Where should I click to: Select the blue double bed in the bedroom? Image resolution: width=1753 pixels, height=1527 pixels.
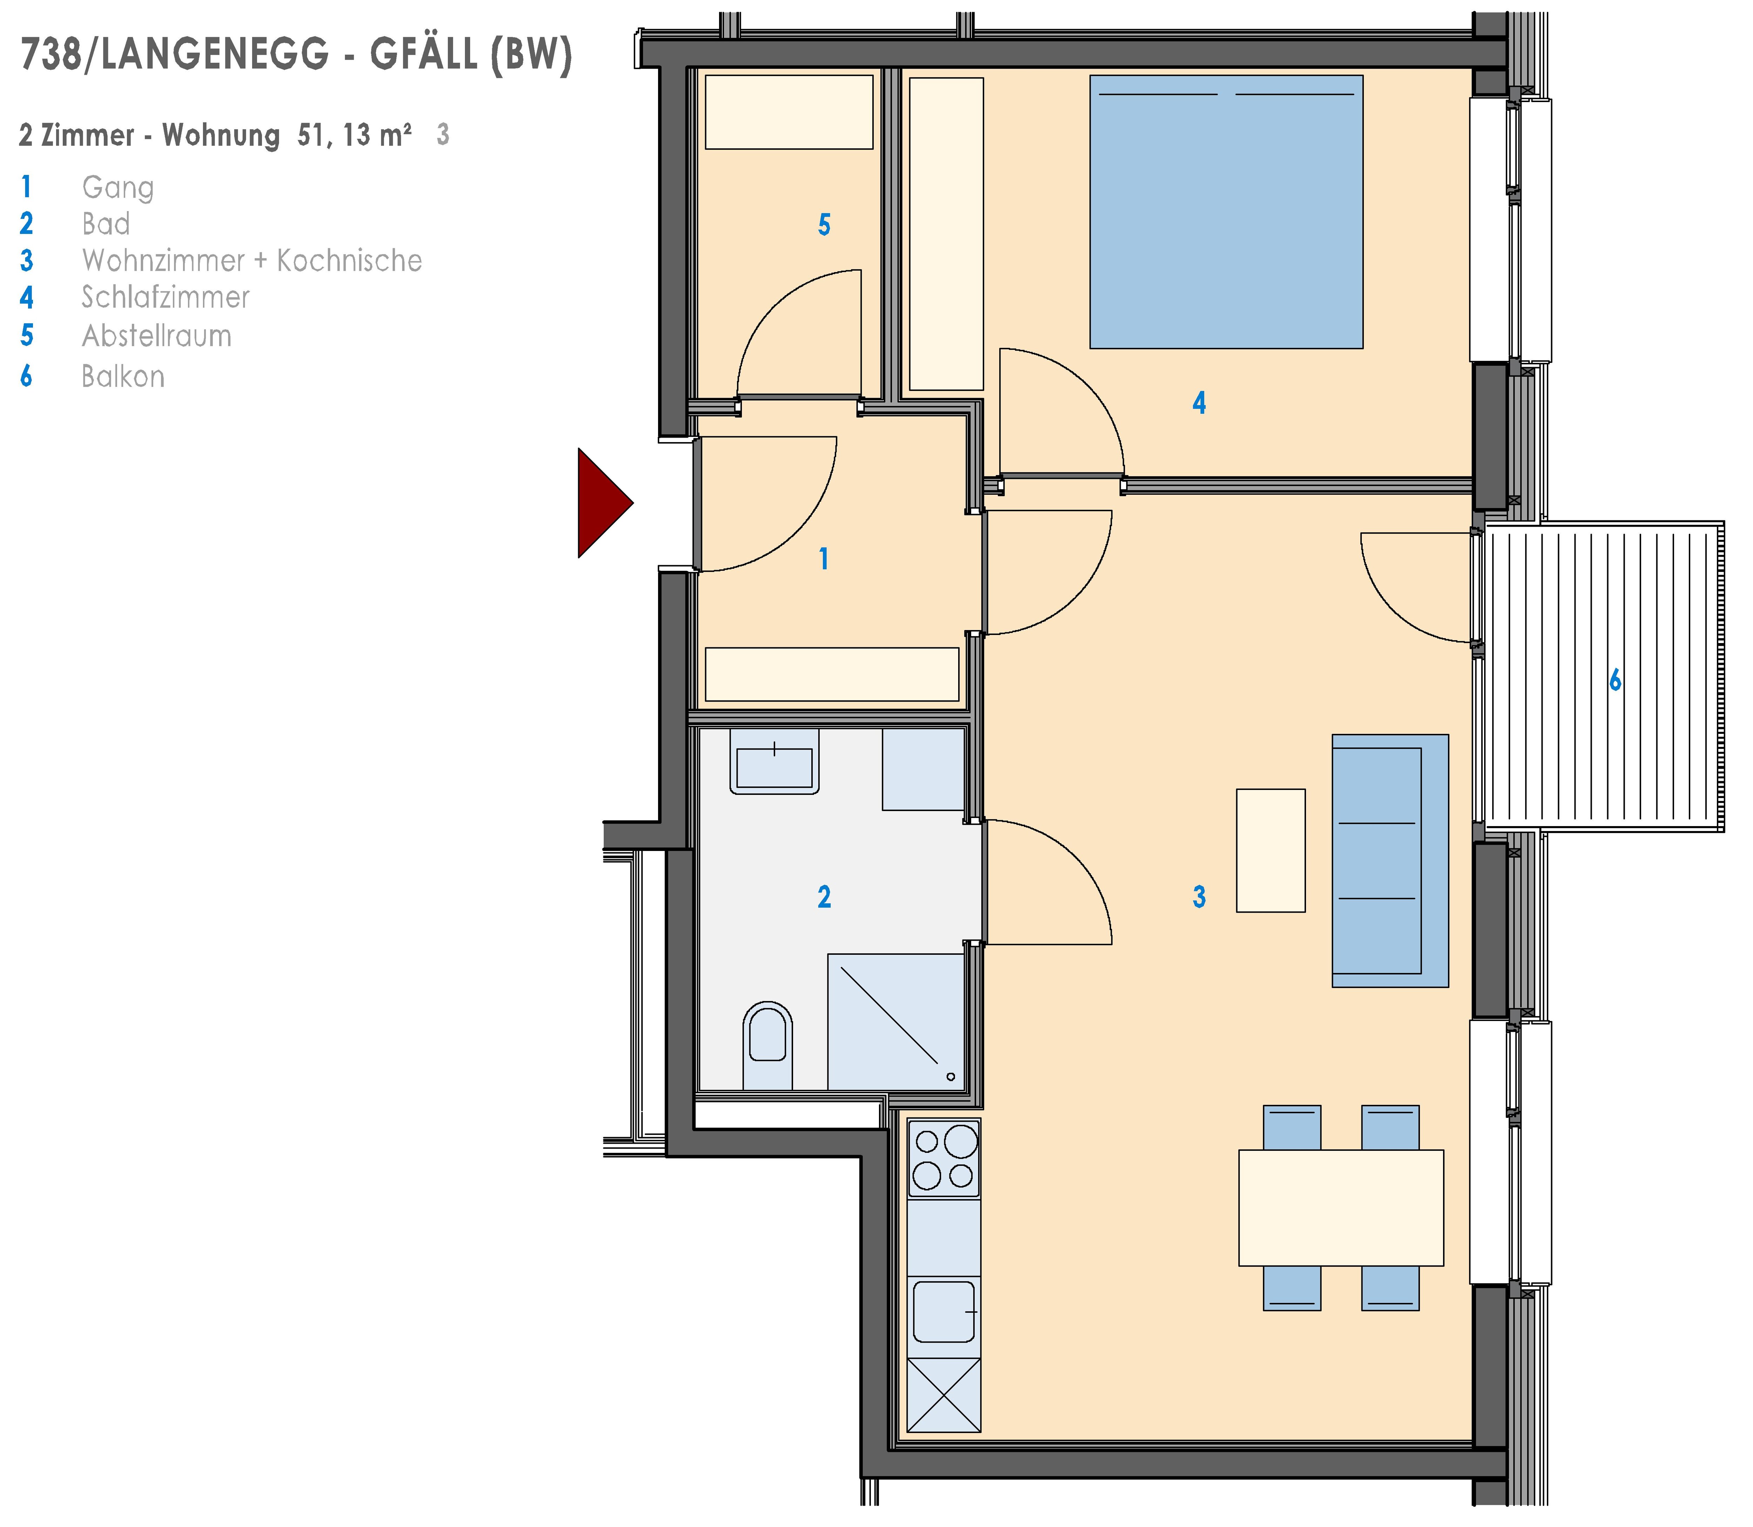(x=1226, y=212)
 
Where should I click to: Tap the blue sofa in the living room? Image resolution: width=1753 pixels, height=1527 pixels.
(x=1390, y=861)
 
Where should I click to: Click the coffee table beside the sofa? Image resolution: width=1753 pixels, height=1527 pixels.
(x=1271, y=850)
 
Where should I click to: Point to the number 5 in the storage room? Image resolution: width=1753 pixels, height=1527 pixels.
(x=824, y=225)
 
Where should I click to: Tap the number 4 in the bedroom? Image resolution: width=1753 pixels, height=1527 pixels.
(x=1199, y=402)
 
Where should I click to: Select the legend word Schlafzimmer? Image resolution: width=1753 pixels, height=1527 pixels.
(x=165, y=297)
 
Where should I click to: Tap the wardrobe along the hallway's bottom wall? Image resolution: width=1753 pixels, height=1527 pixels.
(x=832, y=674)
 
